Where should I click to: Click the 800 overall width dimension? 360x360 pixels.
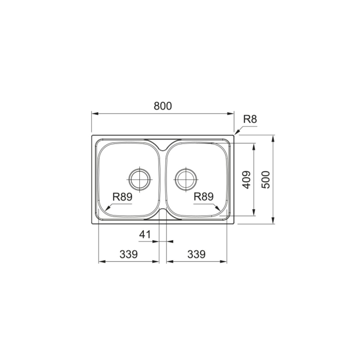click(163, 106)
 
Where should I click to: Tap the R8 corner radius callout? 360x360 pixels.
click(250, 119)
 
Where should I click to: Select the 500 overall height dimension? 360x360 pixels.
click(266, 180)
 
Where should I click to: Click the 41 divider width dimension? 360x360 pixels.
click(145, 235)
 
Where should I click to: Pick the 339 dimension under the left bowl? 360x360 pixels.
click(128, 254)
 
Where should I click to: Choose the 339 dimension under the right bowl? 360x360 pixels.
click(196, 254)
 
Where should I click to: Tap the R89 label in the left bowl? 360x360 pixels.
click(122, 197)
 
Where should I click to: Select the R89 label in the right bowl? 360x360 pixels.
click(203, 197)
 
